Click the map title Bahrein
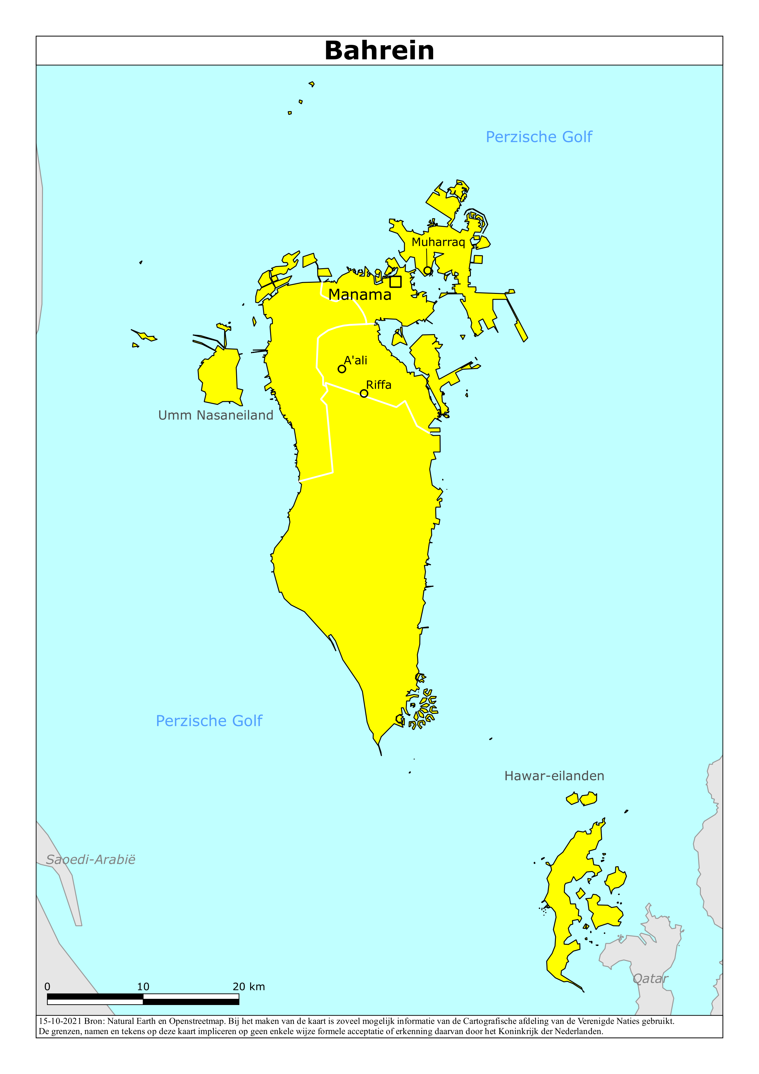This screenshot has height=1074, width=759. tap(379, 50)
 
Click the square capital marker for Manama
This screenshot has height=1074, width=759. tap(396, 281)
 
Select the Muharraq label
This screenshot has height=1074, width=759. tap(438, 242)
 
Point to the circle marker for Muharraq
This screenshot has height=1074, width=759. tap(428, 270)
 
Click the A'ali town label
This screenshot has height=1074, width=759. tap(356, 360)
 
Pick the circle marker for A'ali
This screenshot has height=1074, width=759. tap(342, 369)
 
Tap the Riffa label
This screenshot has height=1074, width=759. tap(378, 385)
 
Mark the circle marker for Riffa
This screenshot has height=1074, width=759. tap(364, 393)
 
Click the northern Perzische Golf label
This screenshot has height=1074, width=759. tap(539, 137)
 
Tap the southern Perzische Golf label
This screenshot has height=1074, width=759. tap(209, 721)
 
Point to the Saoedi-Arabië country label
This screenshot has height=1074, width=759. tap(91, 859)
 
